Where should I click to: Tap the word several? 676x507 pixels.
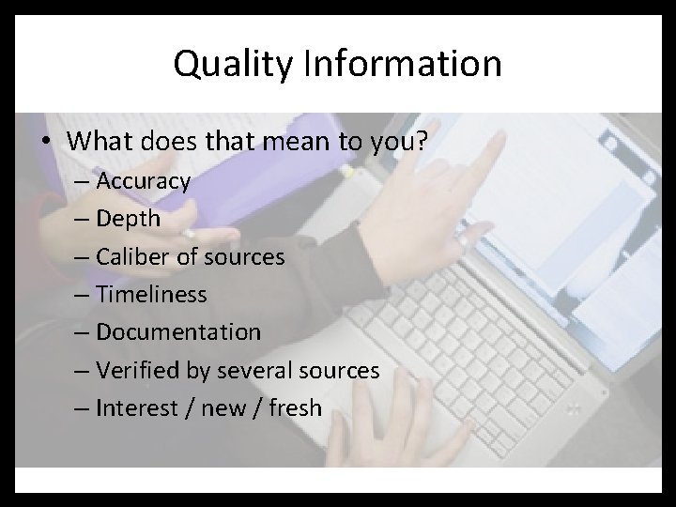[x=260, y=370]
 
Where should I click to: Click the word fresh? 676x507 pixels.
[x=296, y=408]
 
